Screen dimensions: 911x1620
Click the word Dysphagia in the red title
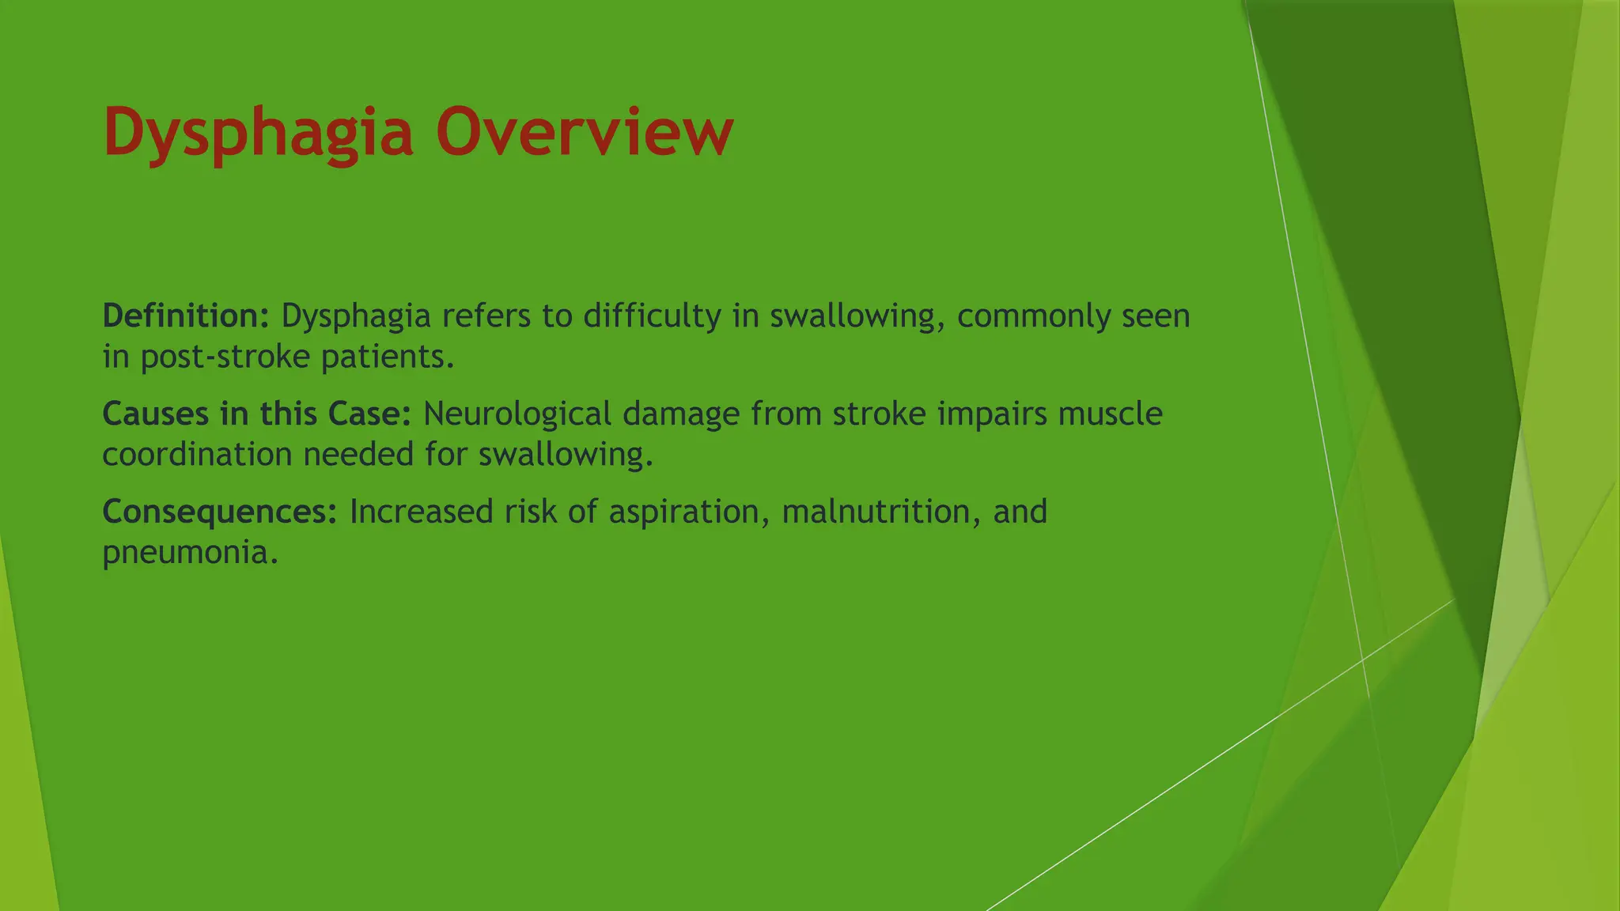[x=258, y=133]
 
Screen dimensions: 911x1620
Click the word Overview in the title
[x=584, y=131]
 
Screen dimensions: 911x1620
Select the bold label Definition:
[x=187, y=316]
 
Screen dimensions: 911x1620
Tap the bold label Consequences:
[x=220, y=512]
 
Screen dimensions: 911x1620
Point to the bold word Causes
[x=155, y=414]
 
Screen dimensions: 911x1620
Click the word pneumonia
[x=190, y=552]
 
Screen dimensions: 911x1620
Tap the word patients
[x=388, y=357]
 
